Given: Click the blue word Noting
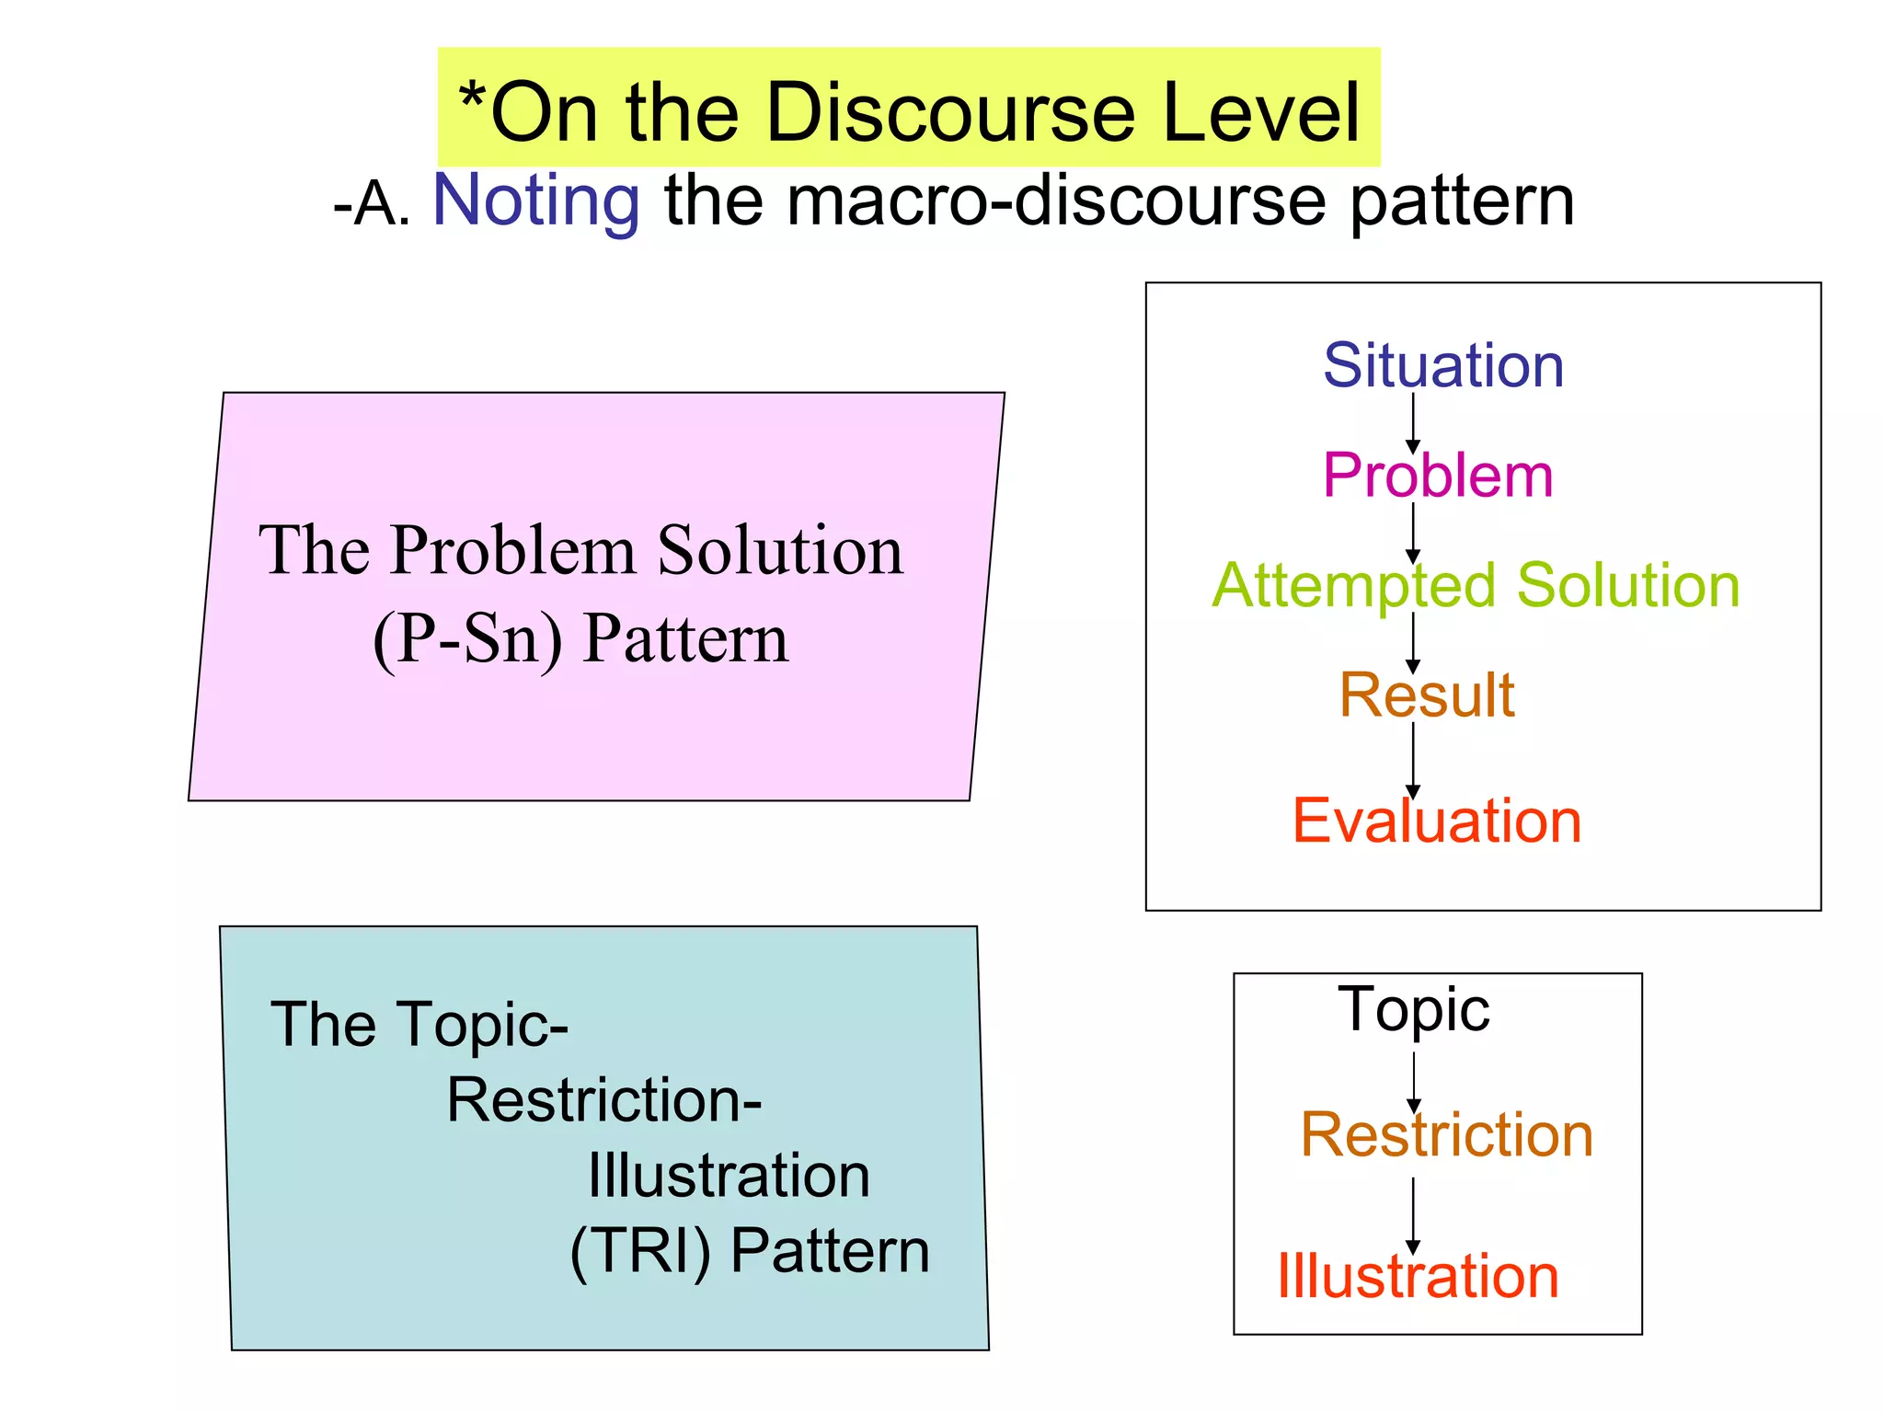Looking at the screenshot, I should (536, 201).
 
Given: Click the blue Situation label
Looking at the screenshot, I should (1443, 365).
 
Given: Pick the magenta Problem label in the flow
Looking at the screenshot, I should (1438, 476).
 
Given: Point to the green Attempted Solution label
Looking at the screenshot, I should (1476, 585).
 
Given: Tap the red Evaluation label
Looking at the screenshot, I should (1437, 821).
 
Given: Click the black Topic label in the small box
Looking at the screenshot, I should (1414, 1009).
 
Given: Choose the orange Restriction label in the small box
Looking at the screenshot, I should (1447, 1134).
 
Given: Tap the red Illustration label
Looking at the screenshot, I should (1418, 1276).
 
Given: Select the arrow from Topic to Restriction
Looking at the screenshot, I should (1414, 1082).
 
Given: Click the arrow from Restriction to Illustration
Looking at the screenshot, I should (1413, 1214).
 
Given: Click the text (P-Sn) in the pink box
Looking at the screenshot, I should (467, 638).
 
